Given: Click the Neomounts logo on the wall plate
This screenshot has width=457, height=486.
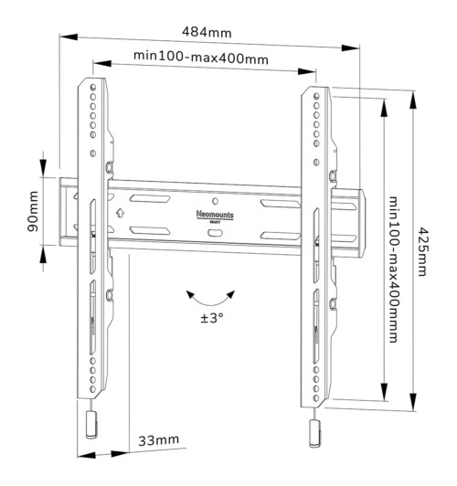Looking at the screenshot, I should click(214, 213).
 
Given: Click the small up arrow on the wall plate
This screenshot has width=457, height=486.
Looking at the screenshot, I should click(120, 214).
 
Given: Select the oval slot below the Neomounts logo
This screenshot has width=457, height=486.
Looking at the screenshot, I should click(214, 234).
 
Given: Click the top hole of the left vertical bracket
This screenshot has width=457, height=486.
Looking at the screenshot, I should click(92, 89).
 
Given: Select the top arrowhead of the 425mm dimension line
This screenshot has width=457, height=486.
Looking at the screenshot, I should click(410, 92).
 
